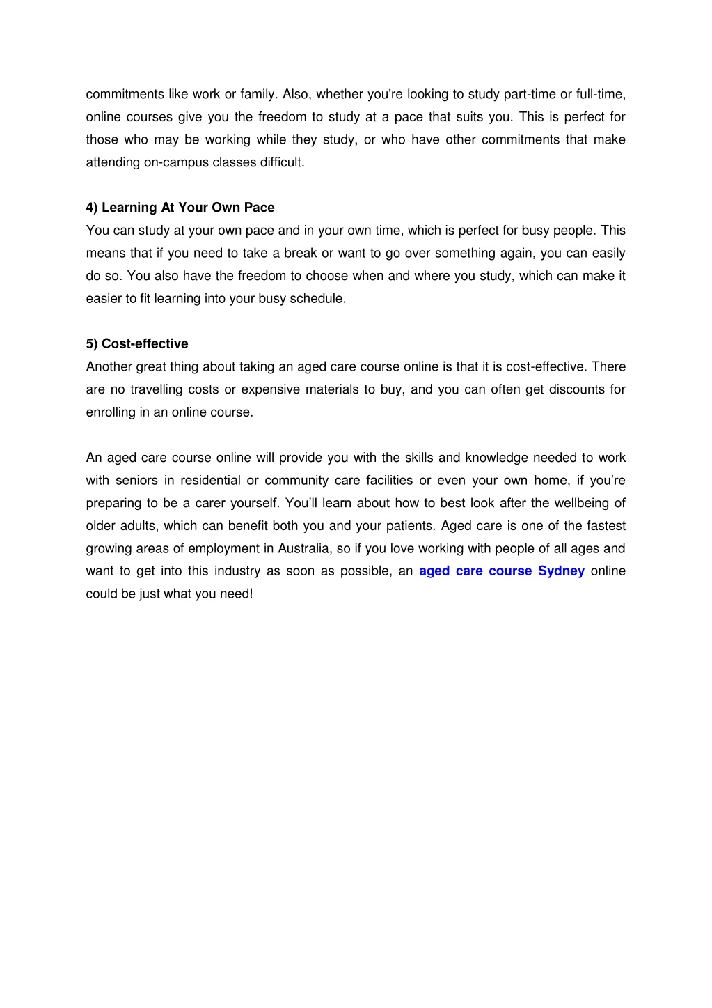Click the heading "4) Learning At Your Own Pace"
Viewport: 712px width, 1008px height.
point(180,208)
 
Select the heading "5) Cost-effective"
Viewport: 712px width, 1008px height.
point(137,344)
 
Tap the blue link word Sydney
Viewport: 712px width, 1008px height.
point(561,571)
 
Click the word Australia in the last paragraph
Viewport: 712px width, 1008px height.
point(303,549)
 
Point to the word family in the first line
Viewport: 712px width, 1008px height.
point(258,95)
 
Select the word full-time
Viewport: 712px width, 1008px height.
point(600,95)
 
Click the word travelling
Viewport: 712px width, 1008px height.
point(156,390)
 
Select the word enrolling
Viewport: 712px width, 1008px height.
point(111,412)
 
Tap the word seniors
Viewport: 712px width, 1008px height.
point(136,481)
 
